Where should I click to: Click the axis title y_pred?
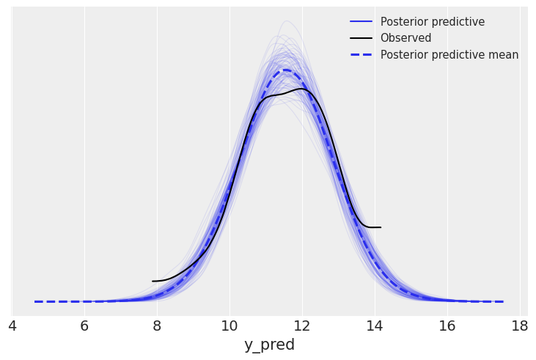(x=269, y=345)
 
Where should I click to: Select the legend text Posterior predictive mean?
(x=449, y=55)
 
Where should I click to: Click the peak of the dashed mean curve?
(x=285, y=70)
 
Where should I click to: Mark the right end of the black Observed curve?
(x=381, y=227)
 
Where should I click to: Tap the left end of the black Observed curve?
(x=153, y=281)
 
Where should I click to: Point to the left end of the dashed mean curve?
(x=34, y=301)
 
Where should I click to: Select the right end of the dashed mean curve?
(x=503, y=301)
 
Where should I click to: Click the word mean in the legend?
(x=502, y=55)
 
